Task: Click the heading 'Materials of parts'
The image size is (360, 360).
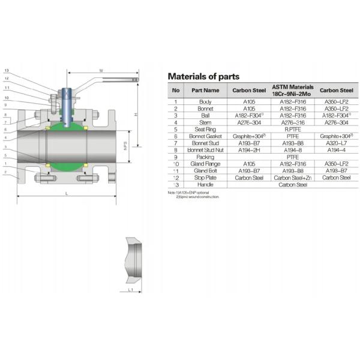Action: pyautogui.click(x=203, y=76)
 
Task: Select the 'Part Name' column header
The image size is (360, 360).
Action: pyautogui.click(x=205, y=91)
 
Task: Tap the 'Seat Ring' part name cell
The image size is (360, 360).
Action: pyautogui.click(x=205, y=128)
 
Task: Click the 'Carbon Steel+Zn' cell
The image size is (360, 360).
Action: pyautogui.click(x=293, y=178)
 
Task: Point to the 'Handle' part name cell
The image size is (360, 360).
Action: pyautogui.click(x=205, y=185)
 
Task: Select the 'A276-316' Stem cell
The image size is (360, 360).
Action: pyautogui.click(x=293, y=121)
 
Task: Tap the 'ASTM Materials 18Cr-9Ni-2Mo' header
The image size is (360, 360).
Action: pyautogui.click(x=293, y=91)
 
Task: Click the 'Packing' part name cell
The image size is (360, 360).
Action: pyautogui.click(x=205, y=157)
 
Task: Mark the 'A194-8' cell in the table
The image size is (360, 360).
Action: pyautogui.click(x=293, y=151)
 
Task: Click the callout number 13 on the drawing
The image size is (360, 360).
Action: pyautogui.click(x=7, y=71)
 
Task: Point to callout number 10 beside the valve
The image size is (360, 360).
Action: pyautogui.click(x=7, y=97)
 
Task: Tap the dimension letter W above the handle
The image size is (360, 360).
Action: pyautogui.click(x=101, y=71)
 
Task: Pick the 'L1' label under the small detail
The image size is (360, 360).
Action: pyautogui.click(x=131, y=290)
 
